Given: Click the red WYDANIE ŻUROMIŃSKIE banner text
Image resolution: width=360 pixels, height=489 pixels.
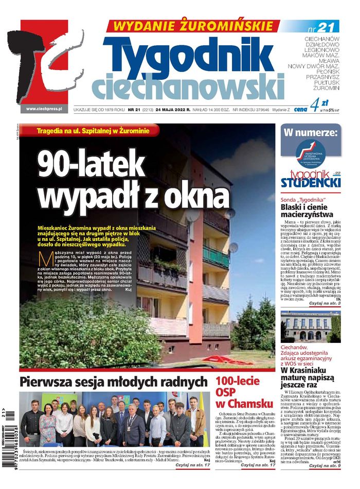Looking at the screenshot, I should point(192,25).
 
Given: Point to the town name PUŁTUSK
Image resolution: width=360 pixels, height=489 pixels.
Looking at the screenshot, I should point(326,81).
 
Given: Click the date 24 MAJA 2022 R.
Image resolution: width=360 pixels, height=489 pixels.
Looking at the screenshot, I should point(166,110).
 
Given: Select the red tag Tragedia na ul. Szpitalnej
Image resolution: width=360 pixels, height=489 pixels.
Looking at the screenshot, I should point(93,131).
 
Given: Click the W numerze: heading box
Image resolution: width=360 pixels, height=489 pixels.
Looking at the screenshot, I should point(311,133).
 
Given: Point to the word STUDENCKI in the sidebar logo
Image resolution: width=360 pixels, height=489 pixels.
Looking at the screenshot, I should point(311,183).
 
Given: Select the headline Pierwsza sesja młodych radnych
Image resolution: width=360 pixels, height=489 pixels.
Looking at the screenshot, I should point(113,382).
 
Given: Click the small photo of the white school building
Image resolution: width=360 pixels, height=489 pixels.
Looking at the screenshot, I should point(311,326).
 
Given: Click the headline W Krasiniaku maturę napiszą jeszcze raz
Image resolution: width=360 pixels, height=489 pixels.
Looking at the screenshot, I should point(309,377).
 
